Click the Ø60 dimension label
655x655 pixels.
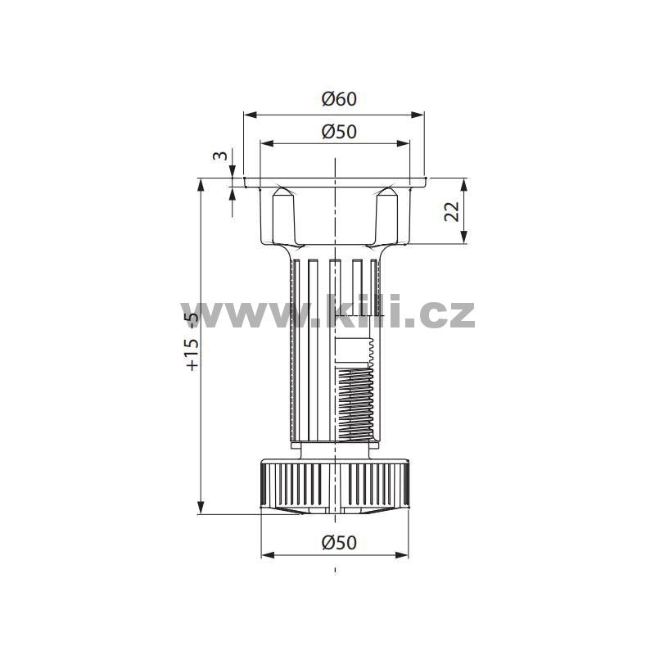pyautogui.click(x=339, y=99)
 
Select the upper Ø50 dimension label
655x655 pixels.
pyautogui.click(x=339, y=132)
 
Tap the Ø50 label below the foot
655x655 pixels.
pyautogui.click(x=339, y=542)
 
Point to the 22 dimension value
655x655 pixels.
pyautogui.click(x=452, y=211)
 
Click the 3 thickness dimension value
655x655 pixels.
pyautogui.click(x=220, y=156)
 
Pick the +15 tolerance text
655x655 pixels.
pyautogui.click(x=192, y=355)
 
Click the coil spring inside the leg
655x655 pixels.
pyautogui.click(x=355, y=404)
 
